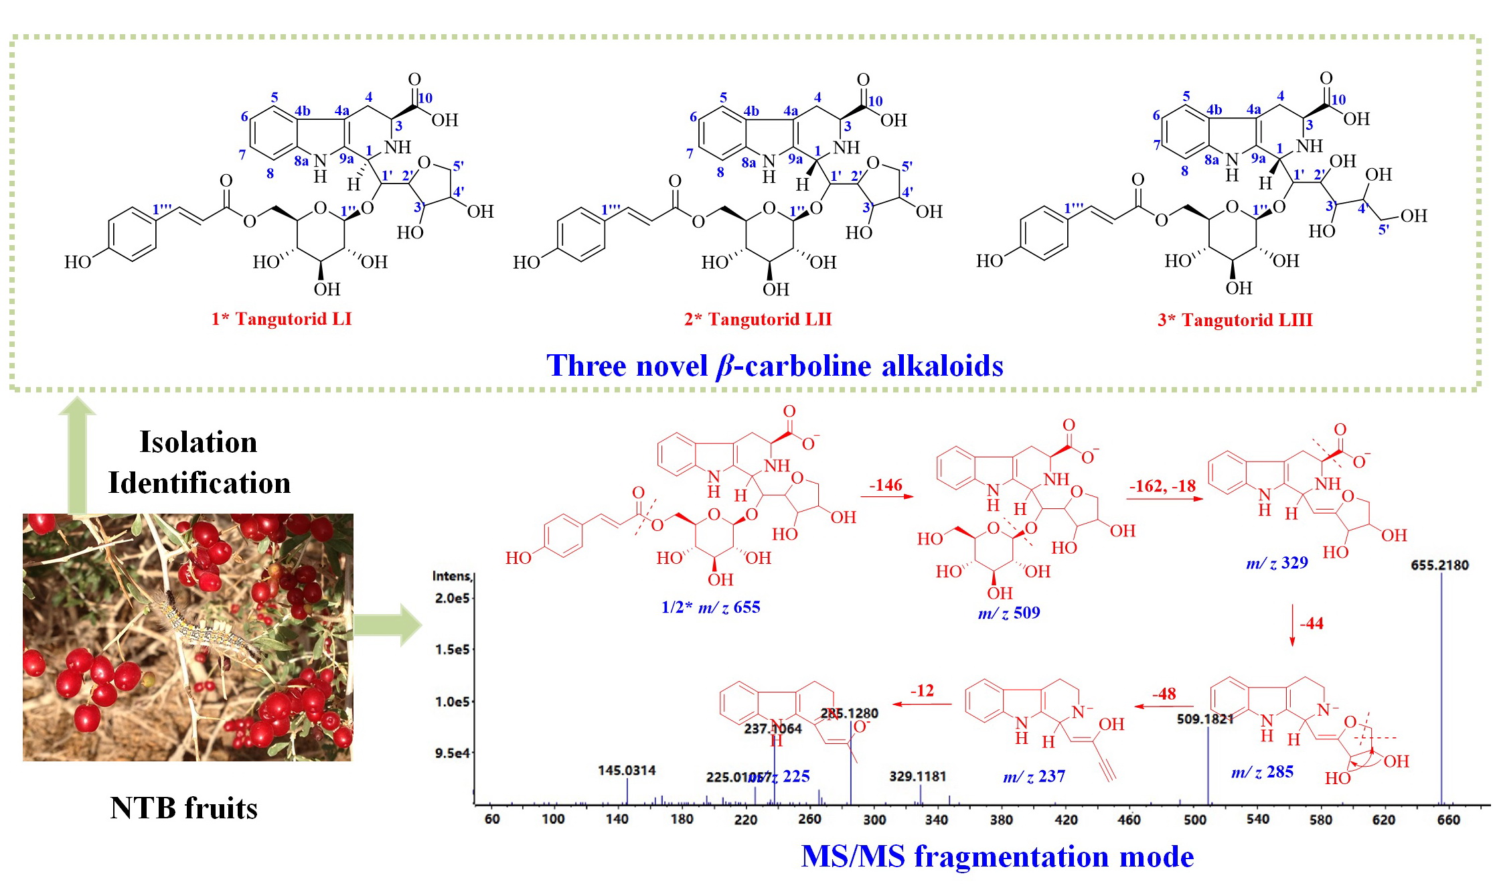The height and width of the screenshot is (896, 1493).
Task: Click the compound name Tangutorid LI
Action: pyautogui.click(x=281, y=319)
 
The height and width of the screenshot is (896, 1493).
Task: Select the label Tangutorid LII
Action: pyautogui.click(x=758, y=319)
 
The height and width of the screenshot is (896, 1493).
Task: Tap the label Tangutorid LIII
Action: pyautogui.click(x=1235, y=320)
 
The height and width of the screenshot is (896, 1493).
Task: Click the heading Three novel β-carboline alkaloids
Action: pyautogui.click(x=775, y=366)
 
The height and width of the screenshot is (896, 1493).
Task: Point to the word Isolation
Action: pyautogui.click(x=198, y=442)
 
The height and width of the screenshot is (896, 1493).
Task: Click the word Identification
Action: pyautogui.click(x=200, y=483)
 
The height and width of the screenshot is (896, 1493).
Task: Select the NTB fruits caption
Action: pyautogui.click(x=183, y=808)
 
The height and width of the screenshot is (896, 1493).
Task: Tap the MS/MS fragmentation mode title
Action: pyautogui.click(x=997, y=856)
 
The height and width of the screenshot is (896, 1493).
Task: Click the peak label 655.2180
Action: pyautogui.click(x=1439, y=565)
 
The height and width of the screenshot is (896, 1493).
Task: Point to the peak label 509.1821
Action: pyautogui.click(x=1205, y=719)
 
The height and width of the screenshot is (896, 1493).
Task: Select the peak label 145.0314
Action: pyautogui.click(x=627, y=770)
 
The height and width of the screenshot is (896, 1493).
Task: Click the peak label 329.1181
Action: pyautogui.click(x=917, y=776)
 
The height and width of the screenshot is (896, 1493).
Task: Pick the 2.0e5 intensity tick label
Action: pyautogui.click(x=452, y=597)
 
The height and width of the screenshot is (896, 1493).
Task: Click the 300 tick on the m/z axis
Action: pyautogui.click(x=874, y=820)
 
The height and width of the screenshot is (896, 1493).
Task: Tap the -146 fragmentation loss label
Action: pyautogui.click(x=885, y=485)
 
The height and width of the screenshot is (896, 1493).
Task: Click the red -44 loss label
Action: pyautogui.click(x=1311, y=623)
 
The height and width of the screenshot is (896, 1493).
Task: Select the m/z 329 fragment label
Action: pyautogui.click(x=1277, y=563)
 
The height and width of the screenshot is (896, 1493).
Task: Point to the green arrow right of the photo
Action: pyautogui.click(x=388, y=625)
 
